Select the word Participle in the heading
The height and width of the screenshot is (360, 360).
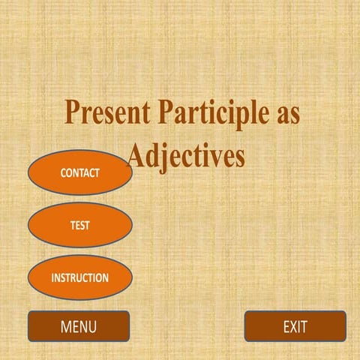(208, 114)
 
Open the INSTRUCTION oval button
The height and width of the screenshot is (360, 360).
(79, 277)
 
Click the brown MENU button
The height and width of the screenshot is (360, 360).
(79, 326)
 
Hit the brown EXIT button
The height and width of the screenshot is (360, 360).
(295, 326)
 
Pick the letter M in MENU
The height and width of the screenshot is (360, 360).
(66, 326)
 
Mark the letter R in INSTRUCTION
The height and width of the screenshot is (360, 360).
(76, 277)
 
